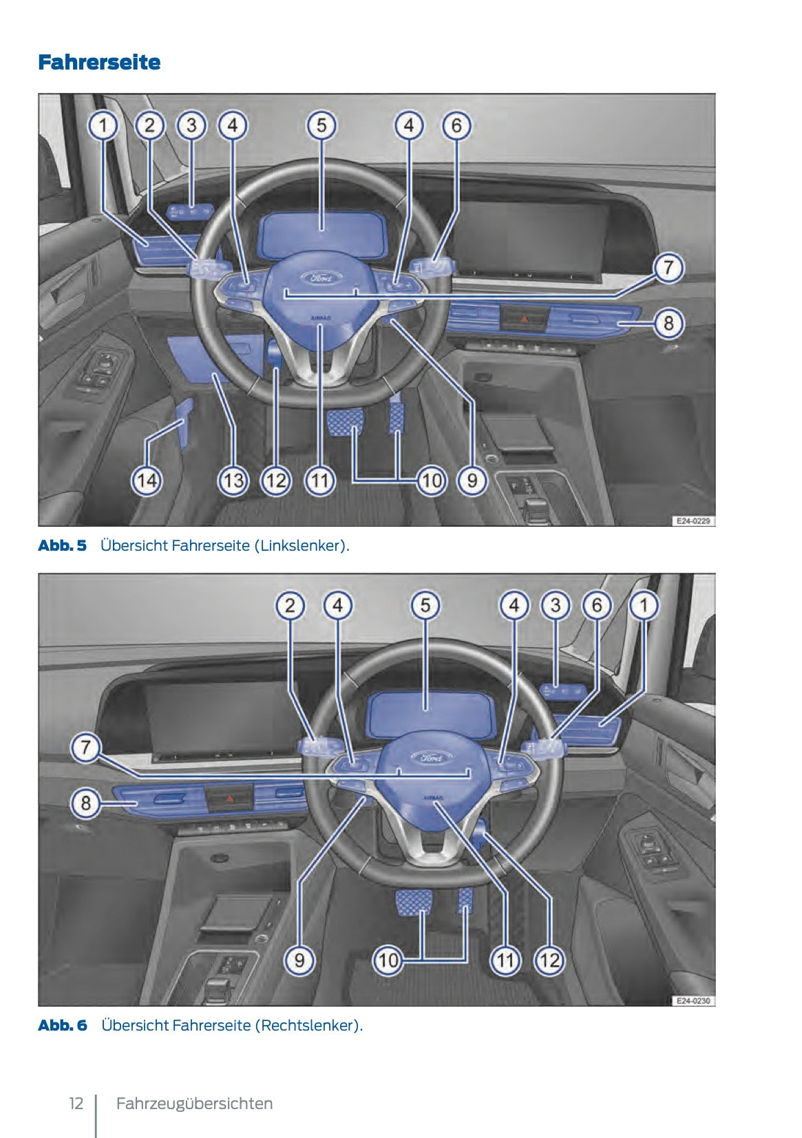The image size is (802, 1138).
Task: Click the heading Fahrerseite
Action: [99, 63]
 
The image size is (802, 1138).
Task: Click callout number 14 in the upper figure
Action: [147, 480]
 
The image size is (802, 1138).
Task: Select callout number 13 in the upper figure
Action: [233, 480]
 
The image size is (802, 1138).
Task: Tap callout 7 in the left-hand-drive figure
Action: [668, 267]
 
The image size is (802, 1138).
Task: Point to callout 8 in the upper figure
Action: [668, 322]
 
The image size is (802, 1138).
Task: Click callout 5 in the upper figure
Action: [321, 126]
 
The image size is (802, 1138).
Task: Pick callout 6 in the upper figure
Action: [456, 126]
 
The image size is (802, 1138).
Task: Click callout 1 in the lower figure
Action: [644, 606]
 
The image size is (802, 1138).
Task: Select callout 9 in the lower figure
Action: [299, 960]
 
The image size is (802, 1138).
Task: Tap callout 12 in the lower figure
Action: [549, 960]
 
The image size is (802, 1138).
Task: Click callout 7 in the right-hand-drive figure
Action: [86, 747]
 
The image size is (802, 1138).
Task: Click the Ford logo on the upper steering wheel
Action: [321, 278]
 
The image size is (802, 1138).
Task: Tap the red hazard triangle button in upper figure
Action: [525, 319]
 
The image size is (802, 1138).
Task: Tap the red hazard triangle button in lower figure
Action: [229, 799]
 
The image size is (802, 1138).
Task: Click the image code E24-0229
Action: [693, 521]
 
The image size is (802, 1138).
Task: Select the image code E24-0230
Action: [693, 1001]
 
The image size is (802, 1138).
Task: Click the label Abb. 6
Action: [63, 1025]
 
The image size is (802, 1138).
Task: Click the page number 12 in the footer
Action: [76, 1104]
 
